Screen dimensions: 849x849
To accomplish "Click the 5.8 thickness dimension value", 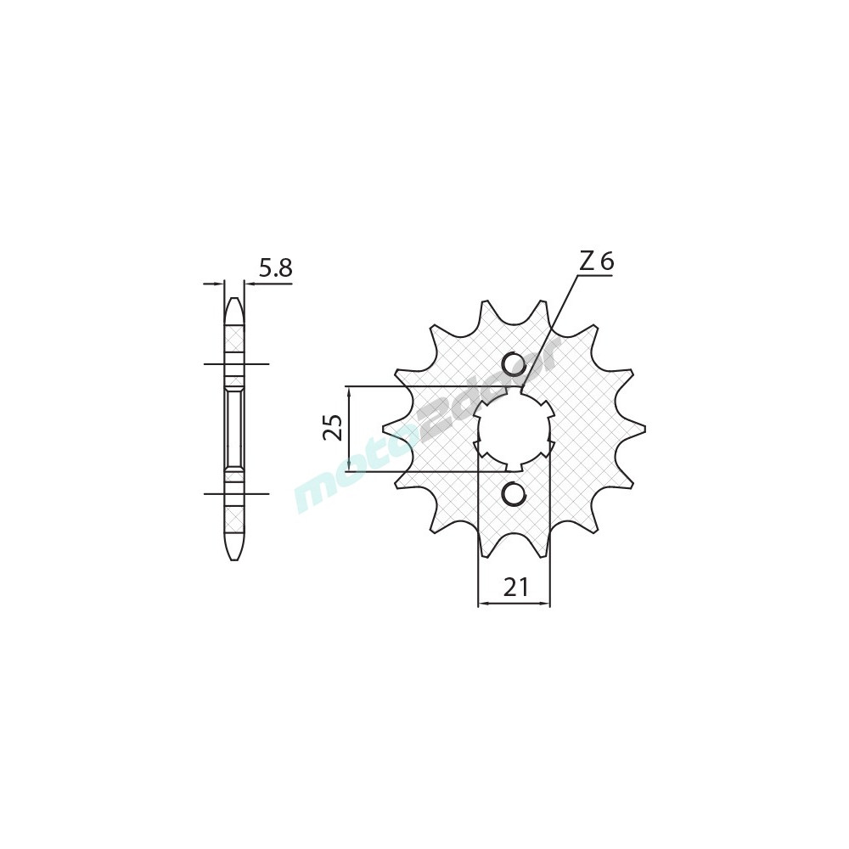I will [x=275, y=269].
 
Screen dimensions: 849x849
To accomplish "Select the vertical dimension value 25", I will [x=334, y=428].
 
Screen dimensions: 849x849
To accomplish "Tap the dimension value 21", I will [x=516, y=587].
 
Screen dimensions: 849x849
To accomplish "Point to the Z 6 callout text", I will [x=596, y=262].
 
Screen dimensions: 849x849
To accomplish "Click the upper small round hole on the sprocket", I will [x=513, y=364].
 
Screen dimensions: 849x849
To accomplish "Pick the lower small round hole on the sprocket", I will [x=513, y=493].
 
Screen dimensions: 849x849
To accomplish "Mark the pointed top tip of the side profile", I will [x=234, y=299].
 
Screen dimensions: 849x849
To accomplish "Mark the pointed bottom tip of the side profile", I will [x=234, y=559].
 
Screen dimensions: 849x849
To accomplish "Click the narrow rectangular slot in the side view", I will [x=234, y=429].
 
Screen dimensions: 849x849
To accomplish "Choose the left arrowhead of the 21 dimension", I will [x=482, y=604].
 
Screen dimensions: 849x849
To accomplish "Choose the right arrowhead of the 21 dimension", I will [x=547, y=604].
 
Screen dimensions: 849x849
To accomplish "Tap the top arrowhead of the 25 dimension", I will [x=348, y=391].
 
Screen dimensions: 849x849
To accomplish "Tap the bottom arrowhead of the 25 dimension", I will [x=348, y=468].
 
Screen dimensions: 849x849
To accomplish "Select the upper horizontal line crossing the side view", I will [x=235, y=364].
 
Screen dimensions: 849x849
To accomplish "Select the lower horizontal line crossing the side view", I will [x=235, y=493].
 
